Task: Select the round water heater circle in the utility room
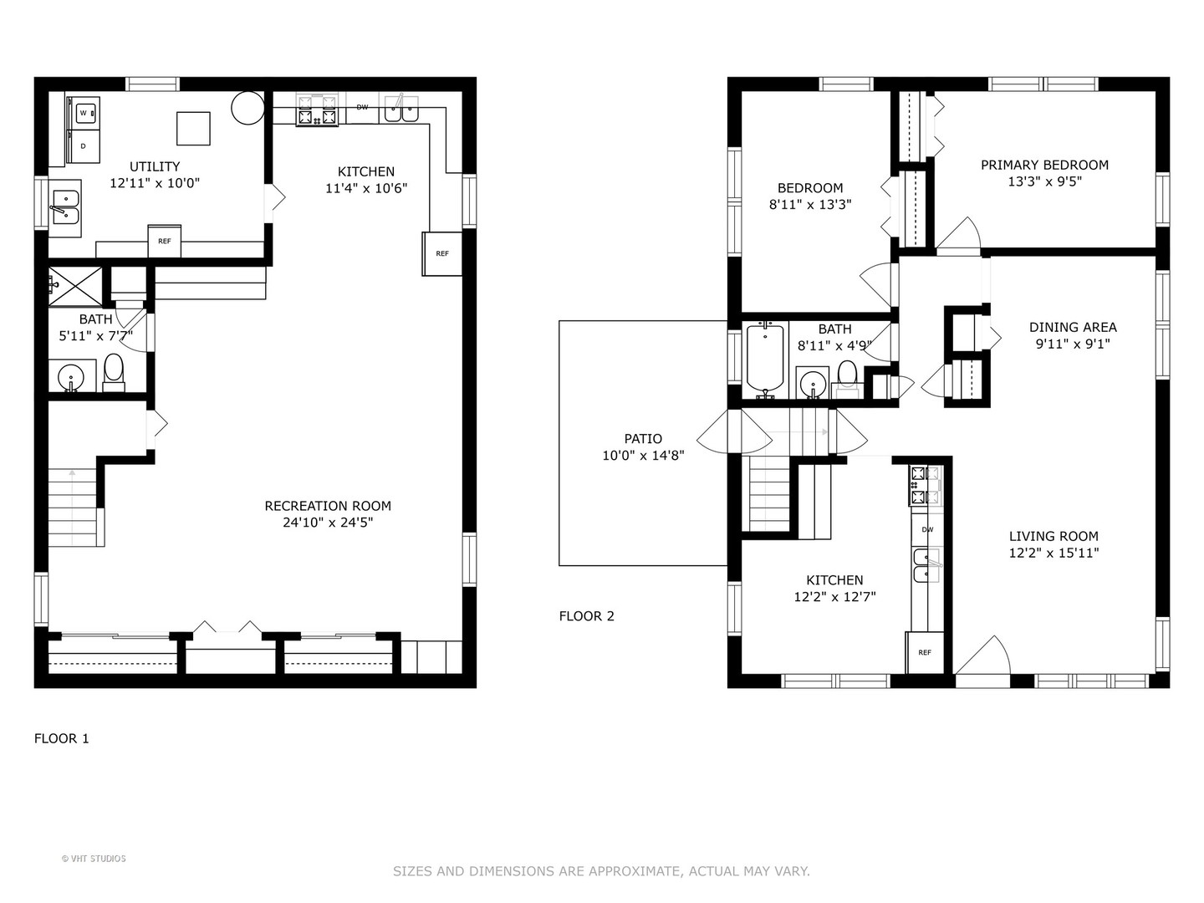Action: pyautogui.click(x=248, y=108)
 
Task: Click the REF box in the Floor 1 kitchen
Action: pyautogui.click(x=442, y=253)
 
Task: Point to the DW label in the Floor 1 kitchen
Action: pyautogui.click(x=362, y=107)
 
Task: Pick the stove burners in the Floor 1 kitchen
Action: pyautogui.click(x=317, y=110)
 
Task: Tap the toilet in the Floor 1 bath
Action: pyautogui.click(x=114, y=372)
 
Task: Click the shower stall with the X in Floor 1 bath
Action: pyautogui.click(x=75, y=286)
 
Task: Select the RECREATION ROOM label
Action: pyautogui.click(x=328, y=506)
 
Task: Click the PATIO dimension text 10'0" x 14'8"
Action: pyautogui.click(x=644, y=455)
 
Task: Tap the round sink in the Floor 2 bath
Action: pyautogui.click(x=812, y=382)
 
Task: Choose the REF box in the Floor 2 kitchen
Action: pyautogui.click(x=925, y=652)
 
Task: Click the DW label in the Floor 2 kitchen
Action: pyautogui.click(x=927, y=529)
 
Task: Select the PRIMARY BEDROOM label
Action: pyautogui.click(x=1044, y=165)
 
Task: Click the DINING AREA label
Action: pyautogui.click(x=1073, y=327)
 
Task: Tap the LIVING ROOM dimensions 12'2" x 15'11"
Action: pyautogui.click(x=1054, y=553)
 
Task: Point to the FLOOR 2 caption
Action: pyautogui.click(x=586, y=616)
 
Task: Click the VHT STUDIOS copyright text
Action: pyautogui.click(x=94, y=859)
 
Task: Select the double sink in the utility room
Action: pyautogui.click(x=66, y=208)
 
